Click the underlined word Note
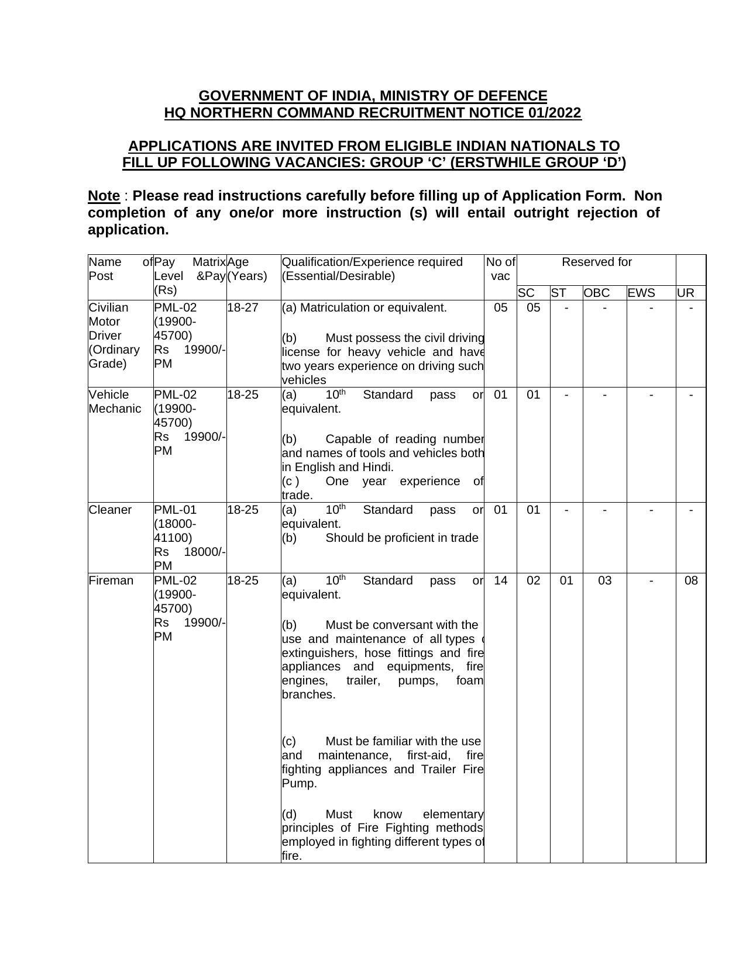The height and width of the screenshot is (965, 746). click(x=104, y=196)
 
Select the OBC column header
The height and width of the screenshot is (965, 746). click(x=596, y=293)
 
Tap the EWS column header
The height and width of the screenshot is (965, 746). click(x=641, y=293)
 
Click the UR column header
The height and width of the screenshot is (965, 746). click(x=685, y=293)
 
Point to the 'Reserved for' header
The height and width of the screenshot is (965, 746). click(x=596, y=262)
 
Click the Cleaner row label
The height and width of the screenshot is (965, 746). click(x=110, y=510)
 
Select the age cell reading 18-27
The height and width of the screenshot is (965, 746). click(x=242, y=307)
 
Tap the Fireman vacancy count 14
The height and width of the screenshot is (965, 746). click(x=500, y=580)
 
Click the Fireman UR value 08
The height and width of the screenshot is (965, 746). click(x=690, y=580)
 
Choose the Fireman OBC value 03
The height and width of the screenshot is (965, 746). click(x=604, y=580)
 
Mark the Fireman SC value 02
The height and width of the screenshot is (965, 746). click(x=533, y=580)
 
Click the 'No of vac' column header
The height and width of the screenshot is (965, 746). click(x=500, y=269)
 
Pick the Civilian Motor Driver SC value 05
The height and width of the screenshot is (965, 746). click(x=533, y=307)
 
